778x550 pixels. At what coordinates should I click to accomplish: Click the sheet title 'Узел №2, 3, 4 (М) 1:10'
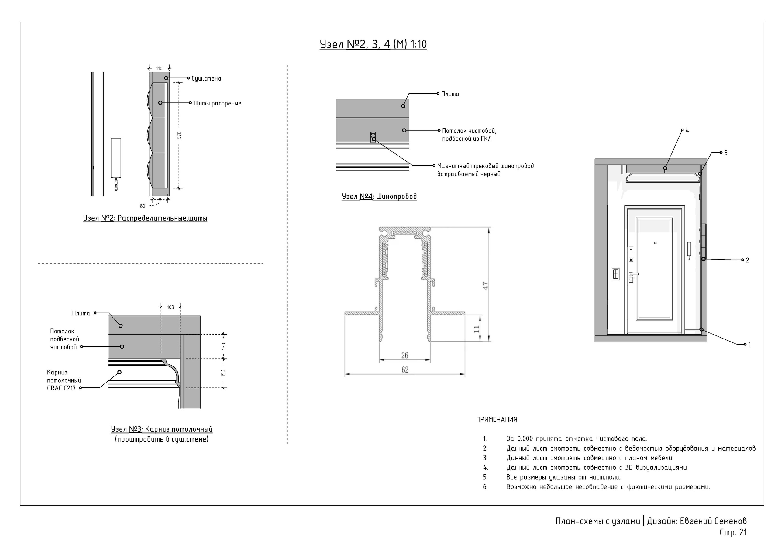pyautogui.click(x=373, y=44)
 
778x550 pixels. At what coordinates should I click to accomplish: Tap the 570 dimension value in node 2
pyautogui.click(x=179, y=135)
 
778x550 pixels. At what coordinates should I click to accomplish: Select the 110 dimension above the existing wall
pyautogui.click(x=159, y=68)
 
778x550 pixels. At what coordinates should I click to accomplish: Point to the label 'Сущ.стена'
pyautogui.click(x=206, y=79)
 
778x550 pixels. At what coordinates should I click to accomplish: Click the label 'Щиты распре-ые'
pyautogui.click(x=217, y=103)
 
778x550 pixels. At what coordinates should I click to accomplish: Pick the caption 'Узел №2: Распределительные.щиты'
pyautogui.click(x=145, y=218)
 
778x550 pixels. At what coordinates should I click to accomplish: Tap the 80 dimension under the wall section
pyautogui.click(x=142, y=206)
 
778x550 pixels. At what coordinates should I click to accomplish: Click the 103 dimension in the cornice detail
pyautogui.click(x=170, y=308)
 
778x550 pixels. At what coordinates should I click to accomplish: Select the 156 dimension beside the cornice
pyautogui.click(x=223, y=373)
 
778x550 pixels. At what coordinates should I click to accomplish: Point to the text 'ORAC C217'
pyautogui.click(x=61, y=388)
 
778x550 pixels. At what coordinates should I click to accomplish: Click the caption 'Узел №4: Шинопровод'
pyautogui.click(x=379, y=197)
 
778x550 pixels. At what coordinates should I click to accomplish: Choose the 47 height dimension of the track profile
pyautogui.click(x=485, y=285)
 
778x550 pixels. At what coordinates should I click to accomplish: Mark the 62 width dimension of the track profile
pyautogui.click(x=405, y=370)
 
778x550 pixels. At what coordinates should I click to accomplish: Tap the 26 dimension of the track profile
pyautogui.click(x=404, y=356)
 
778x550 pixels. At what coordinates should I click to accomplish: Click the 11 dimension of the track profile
pyautogui.click(x=477, y=329)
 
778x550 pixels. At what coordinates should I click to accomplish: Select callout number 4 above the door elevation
pyautogui.click(x=687, y=130)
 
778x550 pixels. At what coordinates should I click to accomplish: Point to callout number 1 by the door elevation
pyautogui.click(x=750, y=345)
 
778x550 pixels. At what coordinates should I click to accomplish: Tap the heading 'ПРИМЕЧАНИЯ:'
pyautogui.click(x=497, y=420)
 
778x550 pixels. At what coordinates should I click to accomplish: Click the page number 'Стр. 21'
pyautogui.click(x=733, y=532)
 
